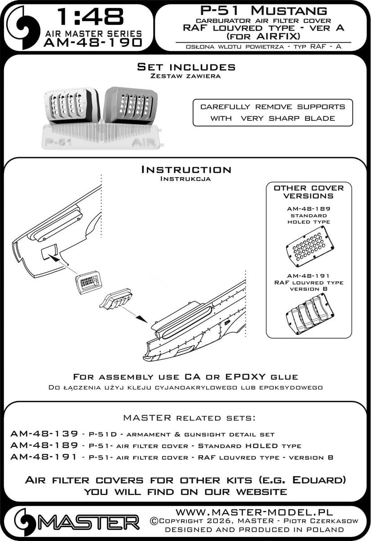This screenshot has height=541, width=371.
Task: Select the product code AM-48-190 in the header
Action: [x=93, y=42]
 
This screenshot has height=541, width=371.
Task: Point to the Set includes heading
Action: [x=186, y=67]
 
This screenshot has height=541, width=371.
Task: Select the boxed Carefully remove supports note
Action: [x=273, y=112]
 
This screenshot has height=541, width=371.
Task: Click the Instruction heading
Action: [x=186, y=170]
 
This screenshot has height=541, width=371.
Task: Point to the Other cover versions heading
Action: [x=309, y=192]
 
